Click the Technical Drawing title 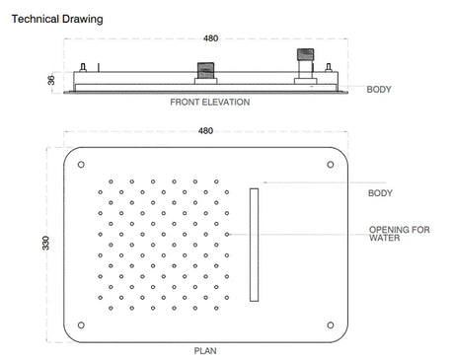[x=56, y=18]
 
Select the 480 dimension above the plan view [x=205, y=130]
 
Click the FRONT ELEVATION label [x=209, y=102]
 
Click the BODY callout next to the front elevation [x=379, y=90]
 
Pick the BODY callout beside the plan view [x=380, y=193]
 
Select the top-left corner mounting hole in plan [x=80, y=164]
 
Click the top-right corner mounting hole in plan [x=330, y=164]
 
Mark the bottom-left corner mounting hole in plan [x=80, y=323]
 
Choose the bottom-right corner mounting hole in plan [x=330, y=323]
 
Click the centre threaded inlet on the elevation [x=204, y=72]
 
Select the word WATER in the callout [x=383, y=239]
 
